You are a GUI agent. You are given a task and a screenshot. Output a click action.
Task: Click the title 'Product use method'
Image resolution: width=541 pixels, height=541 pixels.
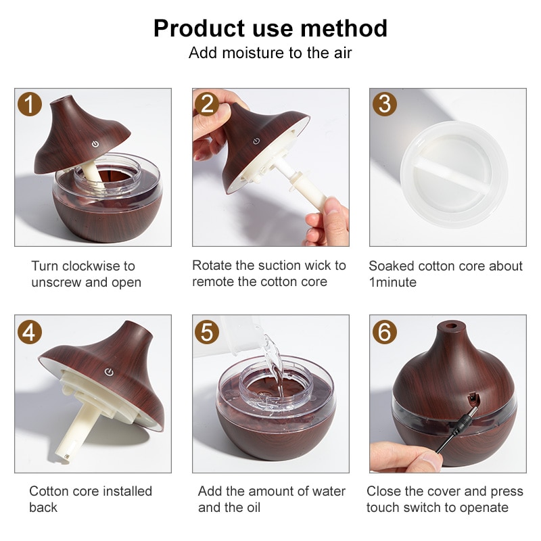click(x=270, y=28)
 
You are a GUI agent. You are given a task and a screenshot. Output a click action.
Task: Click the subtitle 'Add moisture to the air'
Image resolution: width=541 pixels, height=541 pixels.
click(x=270, y=53)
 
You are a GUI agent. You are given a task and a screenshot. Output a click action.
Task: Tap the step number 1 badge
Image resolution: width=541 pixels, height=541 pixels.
click(x=29, y=103)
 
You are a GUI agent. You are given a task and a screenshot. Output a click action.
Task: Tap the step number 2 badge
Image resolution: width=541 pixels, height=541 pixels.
click(x=207, y=103)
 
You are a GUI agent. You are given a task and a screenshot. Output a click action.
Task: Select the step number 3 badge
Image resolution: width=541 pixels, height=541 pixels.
click(x=384, y=103)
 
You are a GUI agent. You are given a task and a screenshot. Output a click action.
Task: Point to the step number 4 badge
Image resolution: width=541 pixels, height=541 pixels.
click(x=29, y=330)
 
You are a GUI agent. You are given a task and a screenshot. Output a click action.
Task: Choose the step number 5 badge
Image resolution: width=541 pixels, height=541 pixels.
click(x=207, y=330)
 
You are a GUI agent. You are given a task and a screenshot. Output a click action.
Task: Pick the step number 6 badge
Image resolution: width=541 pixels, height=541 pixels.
click(x=384, y=330)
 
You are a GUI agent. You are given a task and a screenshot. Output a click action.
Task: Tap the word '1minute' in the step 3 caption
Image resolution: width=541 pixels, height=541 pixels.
click(x=393, y=282)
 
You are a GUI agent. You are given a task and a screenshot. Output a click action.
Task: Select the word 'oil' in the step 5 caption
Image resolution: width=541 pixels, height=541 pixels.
click(x=253, y=507)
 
